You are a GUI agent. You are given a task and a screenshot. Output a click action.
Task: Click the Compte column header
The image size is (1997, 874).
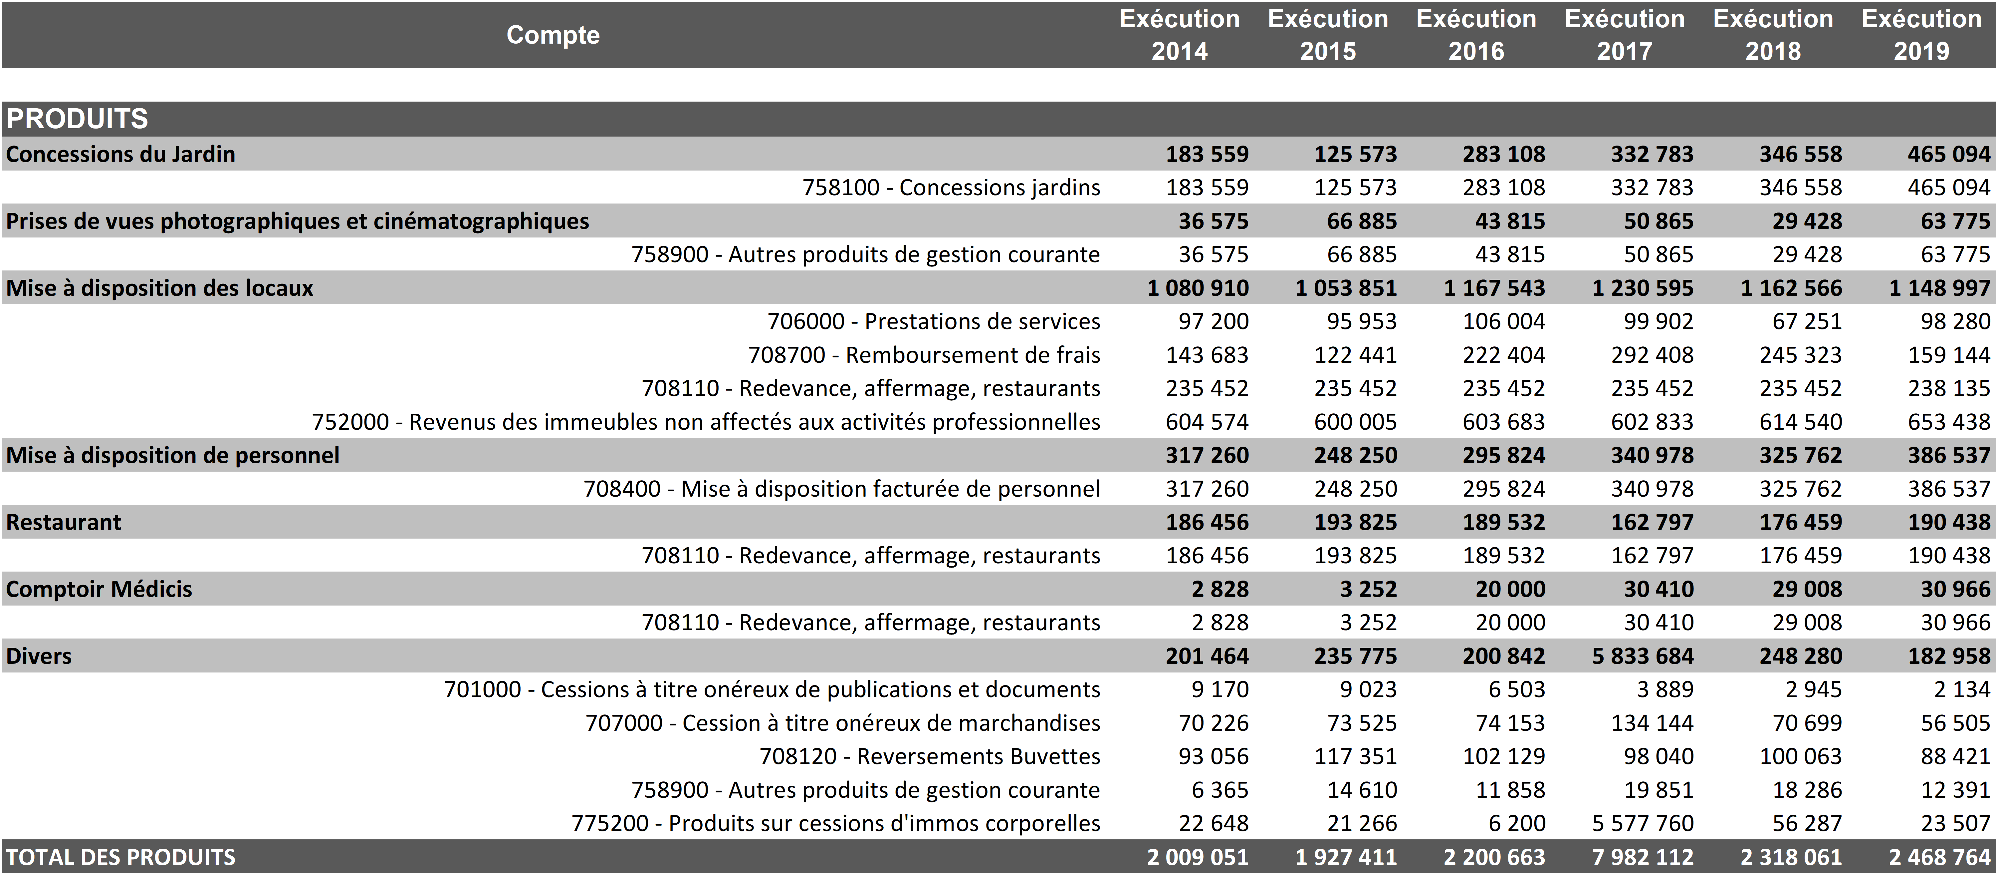coord(553,35)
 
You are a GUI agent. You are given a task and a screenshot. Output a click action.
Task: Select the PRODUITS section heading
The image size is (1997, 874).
coord(77,119)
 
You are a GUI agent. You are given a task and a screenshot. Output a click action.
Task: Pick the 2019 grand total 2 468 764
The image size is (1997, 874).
coord(1940,857)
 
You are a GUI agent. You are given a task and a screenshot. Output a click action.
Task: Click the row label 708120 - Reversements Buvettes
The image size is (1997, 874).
coord(930,756)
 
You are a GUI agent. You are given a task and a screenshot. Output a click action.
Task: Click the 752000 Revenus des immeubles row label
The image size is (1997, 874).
coord(706,422)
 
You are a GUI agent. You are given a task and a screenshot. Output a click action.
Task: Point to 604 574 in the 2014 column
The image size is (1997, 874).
coord(1207,422)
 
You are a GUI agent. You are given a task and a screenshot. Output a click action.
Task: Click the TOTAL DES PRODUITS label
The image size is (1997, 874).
coord(121,857)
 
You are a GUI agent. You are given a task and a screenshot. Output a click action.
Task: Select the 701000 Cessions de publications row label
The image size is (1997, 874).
coord(772,689)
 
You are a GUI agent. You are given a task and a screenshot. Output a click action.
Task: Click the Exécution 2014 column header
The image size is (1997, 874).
coord(1179,35)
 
